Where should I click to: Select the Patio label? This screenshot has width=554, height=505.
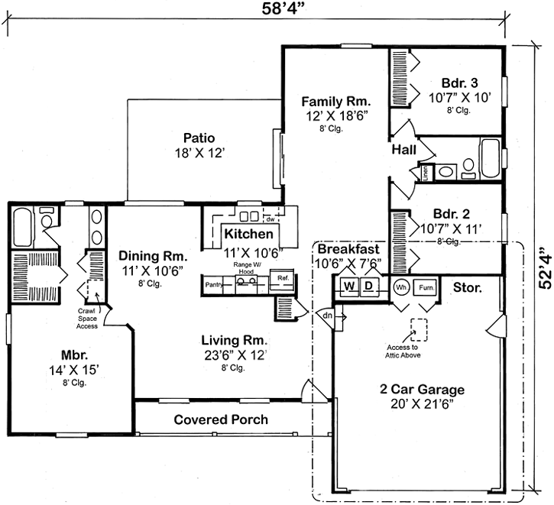click(198, 138)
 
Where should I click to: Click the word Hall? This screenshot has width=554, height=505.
click(403, 150)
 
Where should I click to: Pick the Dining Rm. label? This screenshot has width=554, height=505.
click(148, 256)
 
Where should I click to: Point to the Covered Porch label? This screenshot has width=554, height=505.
click(221, 419)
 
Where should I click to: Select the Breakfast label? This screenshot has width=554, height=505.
click(348, 250)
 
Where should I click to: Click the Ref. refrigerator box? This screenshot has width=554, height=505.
click(283, 278)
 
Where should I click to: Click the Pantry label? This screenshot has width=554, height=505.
click(213, 285)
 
